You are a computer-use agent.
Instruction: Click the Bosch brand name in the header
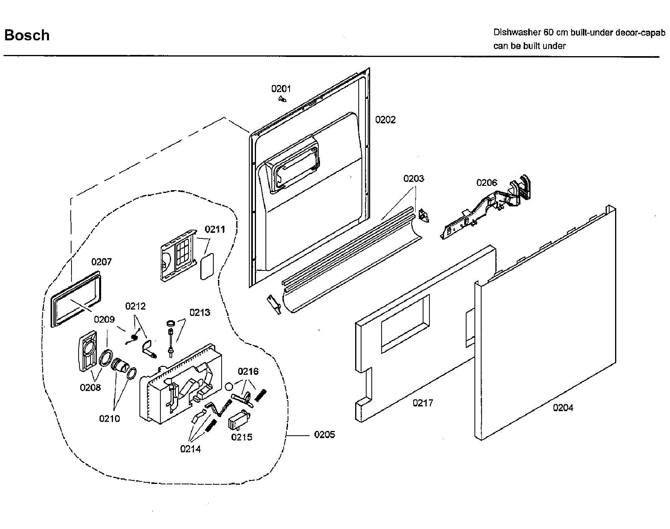pos(27,35)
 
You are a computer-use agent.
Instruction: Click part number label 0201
pos(281,89)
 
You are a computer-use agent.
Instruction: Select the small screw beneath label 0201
pos(282,99)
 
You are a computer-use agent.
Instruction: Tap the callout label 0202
pos(385,119)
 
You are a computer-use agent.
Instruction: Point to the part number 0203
pos(414,179)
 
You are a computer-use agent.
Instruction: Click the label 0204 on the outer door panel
pos(563,408)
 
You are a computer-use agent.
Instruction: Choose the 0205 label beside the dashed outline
pos(324,435)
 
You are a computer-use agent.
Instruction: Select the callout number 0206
pos(487,183)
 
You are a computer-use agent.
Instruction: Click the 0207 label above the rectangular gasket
pos(102,262)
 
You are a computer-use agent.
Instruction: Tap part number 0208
pos(90,387)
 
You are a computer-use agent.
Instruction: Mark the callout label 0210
pos(109,418)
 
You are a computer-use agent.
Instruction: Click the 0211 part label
pos(215,229)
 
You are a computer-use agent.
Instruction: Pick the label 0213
pos(200,312)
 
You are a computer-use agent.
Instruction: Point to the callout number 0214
pos(190,449)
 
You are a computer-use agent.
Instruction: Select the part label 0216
pos(248,371)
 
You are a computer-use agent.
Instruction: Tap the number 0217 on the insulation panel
pos(423,403)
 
